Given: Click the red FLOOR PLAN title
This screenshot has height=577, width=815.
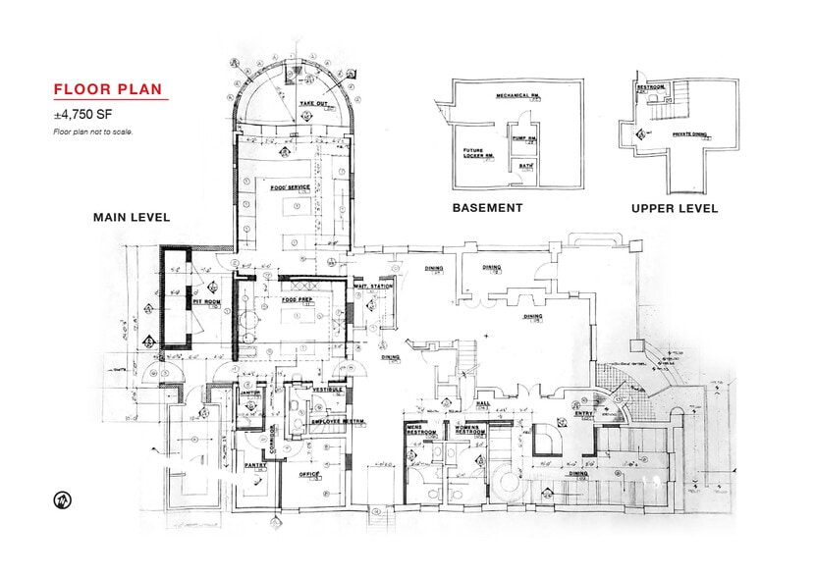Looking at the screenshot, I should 108,90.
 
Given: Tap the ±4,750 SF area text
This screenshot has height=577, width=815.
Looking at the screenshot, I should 79,115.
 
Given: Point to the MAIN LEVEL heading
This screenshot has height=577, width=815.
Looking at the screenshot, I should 132,217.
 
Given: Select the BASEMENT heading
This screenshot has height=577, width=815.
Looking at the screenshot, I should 487,208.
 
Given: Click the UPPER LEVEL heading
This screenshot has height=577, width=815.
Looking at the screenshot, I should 674,208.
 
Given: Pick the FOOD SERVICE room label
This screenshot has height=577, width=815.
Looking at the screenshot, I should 291,187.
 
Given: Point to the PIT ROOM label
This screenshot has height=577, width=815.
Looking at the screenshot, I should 205,300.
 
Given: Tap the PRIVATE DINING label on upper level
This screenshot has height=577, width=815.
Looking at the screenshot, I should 689,133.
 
